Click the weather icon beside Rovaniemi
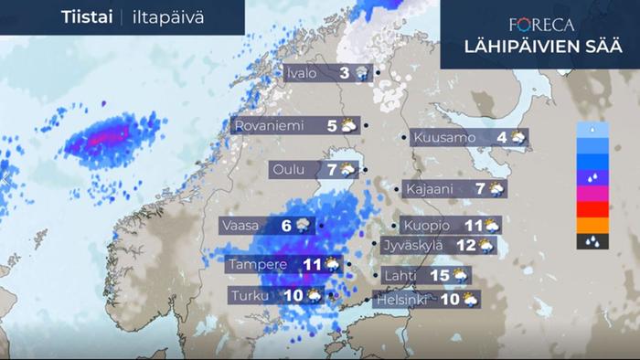pyautogui.click(x=348, y=126)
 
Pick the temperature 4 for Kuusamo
pyautogui.click(x=502, y=138)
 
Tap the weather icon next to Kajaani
pyautogui.click(x=496, y=189)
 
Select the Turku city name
pyautogui.click(x=253, y=295)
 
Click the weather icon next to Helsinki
pyautogui.click(x=470, y=299)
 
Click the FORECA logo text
pyautogui.click(x=542, y=25)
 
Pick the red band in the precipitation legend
pyautogui.click(x=593, y=209)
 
